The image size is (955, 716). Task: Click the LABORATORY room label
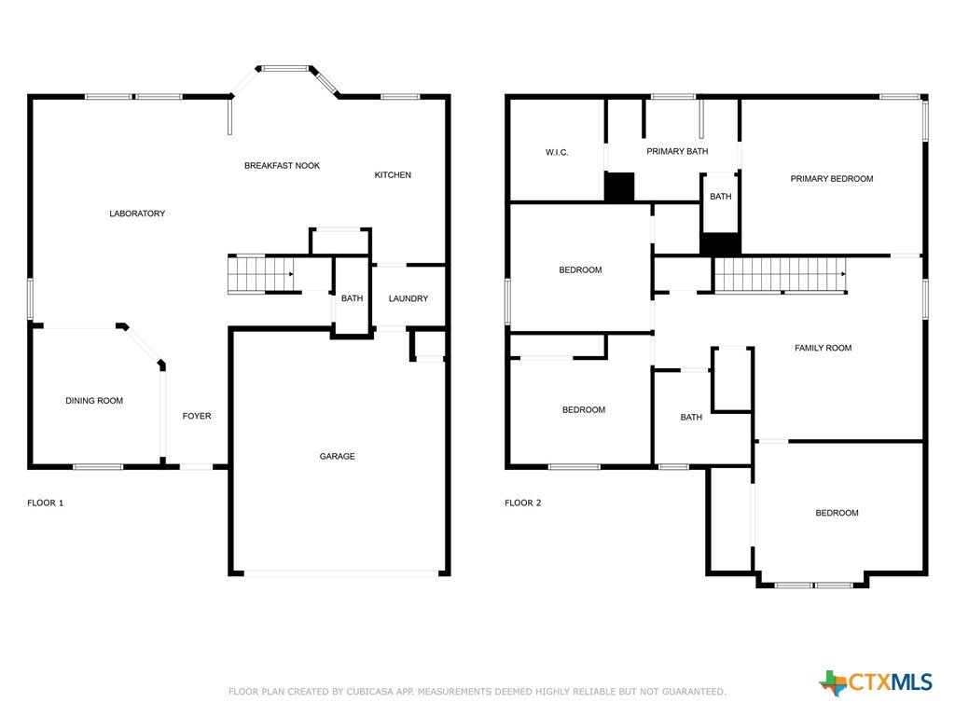click(x=137, y=213)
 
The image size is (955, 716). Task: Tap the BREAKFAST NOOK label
click(x=282, y=166)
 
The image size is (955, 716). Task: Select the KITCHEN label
click(x=393, y=174)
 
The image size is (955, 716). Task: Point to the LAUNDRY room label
click(x=408, y=298)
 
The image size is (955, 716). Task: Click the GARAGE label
click(x=337, y=456)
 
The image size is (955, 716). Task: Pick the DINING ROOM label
click(x=94, y=401)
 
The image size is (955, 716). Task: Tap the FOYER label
click(x=197, y=416)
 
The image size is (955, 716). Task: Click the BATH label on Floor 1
click(x=352, y=298)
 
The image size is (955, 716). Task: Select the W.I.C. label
click(x=557, y=152)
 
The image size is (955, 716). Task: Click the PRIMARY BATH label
click(x=677, y=151)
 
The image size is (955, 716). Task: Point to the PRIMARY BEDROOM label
click(x=832, y=178)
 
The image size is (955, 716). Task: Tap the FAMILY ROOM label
click(x=823, y=348)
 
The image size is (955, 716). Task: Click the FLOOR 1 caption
click(x=45, y=503)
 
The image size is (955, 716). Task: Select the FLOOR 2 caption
click(x=522, y=503)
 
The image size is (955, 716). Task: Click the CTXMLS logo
click(x=876, y=682)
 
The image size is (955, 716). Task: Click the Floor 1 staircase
click(x=261, y=274)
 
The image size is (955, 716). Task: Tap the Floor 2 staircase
click(x=781, y=275)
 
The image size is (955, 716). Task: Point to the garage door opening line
click(x=341, y=573)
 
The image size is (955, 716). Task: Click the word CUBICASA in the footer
click(x=371, y=692)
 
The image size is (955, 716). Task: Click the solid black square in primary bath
click(x=619, y=186)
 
